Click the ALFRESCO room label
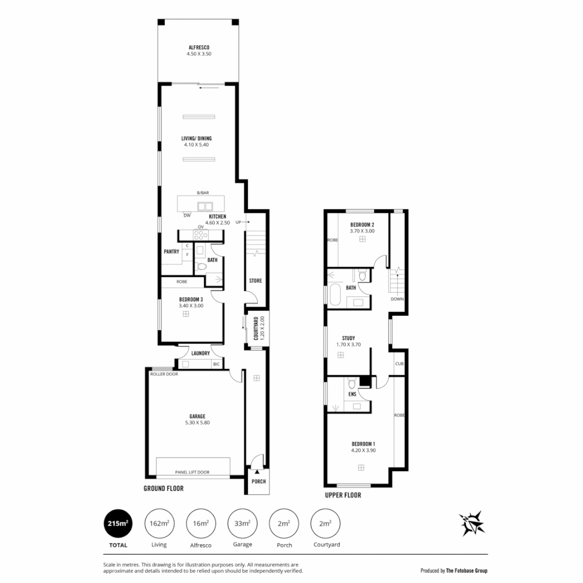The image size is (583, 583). pyautogui.click(x=195, y=47)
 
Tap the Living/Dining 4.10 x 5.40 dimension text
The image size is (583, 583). pyautogui.click(x=196, y=145)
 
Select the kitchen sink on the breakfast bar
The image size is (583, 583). pyautogui.click(x=204, y=206)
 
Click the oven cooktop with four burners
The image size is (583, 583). pyautogui.click(x=201, y=235)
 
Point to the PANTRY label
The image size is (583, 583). pyautogui.click(x=171, y=251)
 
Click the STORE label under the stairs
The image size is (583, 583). pyautogui.click(x=255, y=281)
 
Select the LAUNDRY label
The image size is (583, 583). pyautogui.click(x=200, y=354)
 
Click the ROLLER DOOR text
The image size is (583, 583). pyautogui.click(x=164, y=374)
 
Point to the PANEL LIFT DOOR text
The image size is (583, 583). pyautogui.click(x=192, y=472)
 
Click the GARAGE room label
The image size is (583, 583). pyautogui.click(x=196, y=416)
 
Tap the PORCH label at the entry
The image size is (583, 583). pyautogui.click(x=259, y=482)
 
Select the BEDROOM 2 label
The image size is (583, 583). pyautogui.click(x=362, y=224)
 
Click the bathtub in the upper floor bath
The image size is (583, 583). pyautogui.click(x=334, y=296)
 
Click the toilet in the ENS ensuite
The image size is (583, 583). pyautogui.click(x=351, y=384)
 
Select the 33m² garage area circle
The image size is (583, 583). pyautogui.click(x=242, y=524)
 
